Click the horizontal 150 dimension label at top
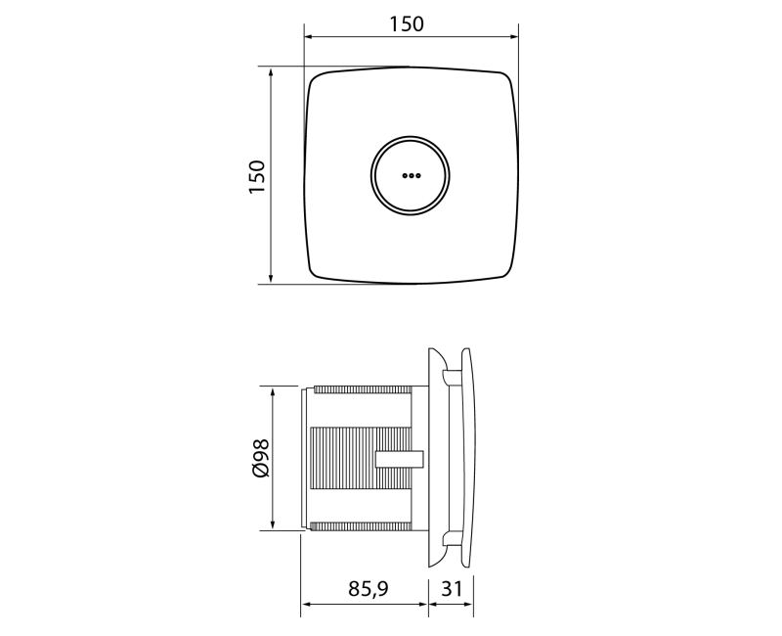407,23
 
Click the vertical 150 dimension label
257,177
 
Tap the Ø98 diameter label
261,458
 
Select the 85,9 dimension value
369,589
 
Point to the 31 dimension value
452,589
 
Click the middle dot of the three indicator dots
411,176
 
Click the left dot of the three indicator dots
405,176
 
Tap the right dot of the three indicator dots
418,176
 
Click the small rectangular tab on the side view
400,459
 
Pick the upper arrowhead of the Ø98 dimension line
273,393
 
